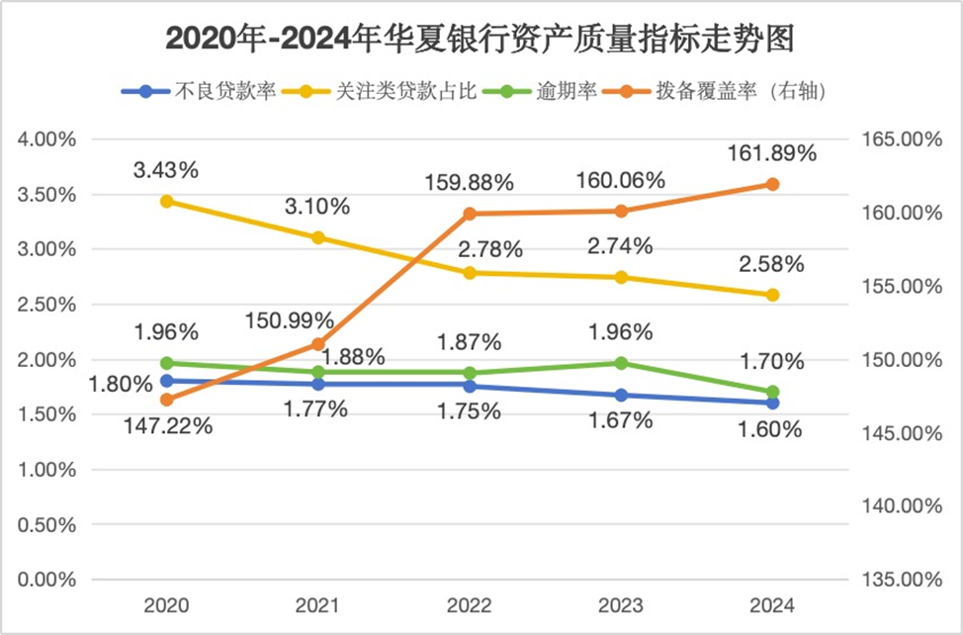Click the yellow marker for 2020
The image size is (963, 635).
(x=167, y=202)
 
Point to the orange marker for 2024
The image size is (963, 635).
(x=773, y=184)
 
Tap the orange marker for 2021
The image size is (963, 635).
(x=318, y=344)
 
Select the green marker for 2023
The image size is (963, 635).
(x=621, y=363)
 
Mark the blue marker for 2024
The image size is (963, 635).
(x=773, y=403)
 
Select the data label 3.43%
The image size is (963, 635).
(x=166, y=170)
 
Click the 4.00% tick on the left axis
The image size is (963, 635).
(x=46, y=139)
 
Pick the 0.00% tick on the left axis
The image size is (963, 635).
(x=46, y=580)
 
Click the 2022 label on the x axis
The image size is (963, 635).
(x=470, y=605)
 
